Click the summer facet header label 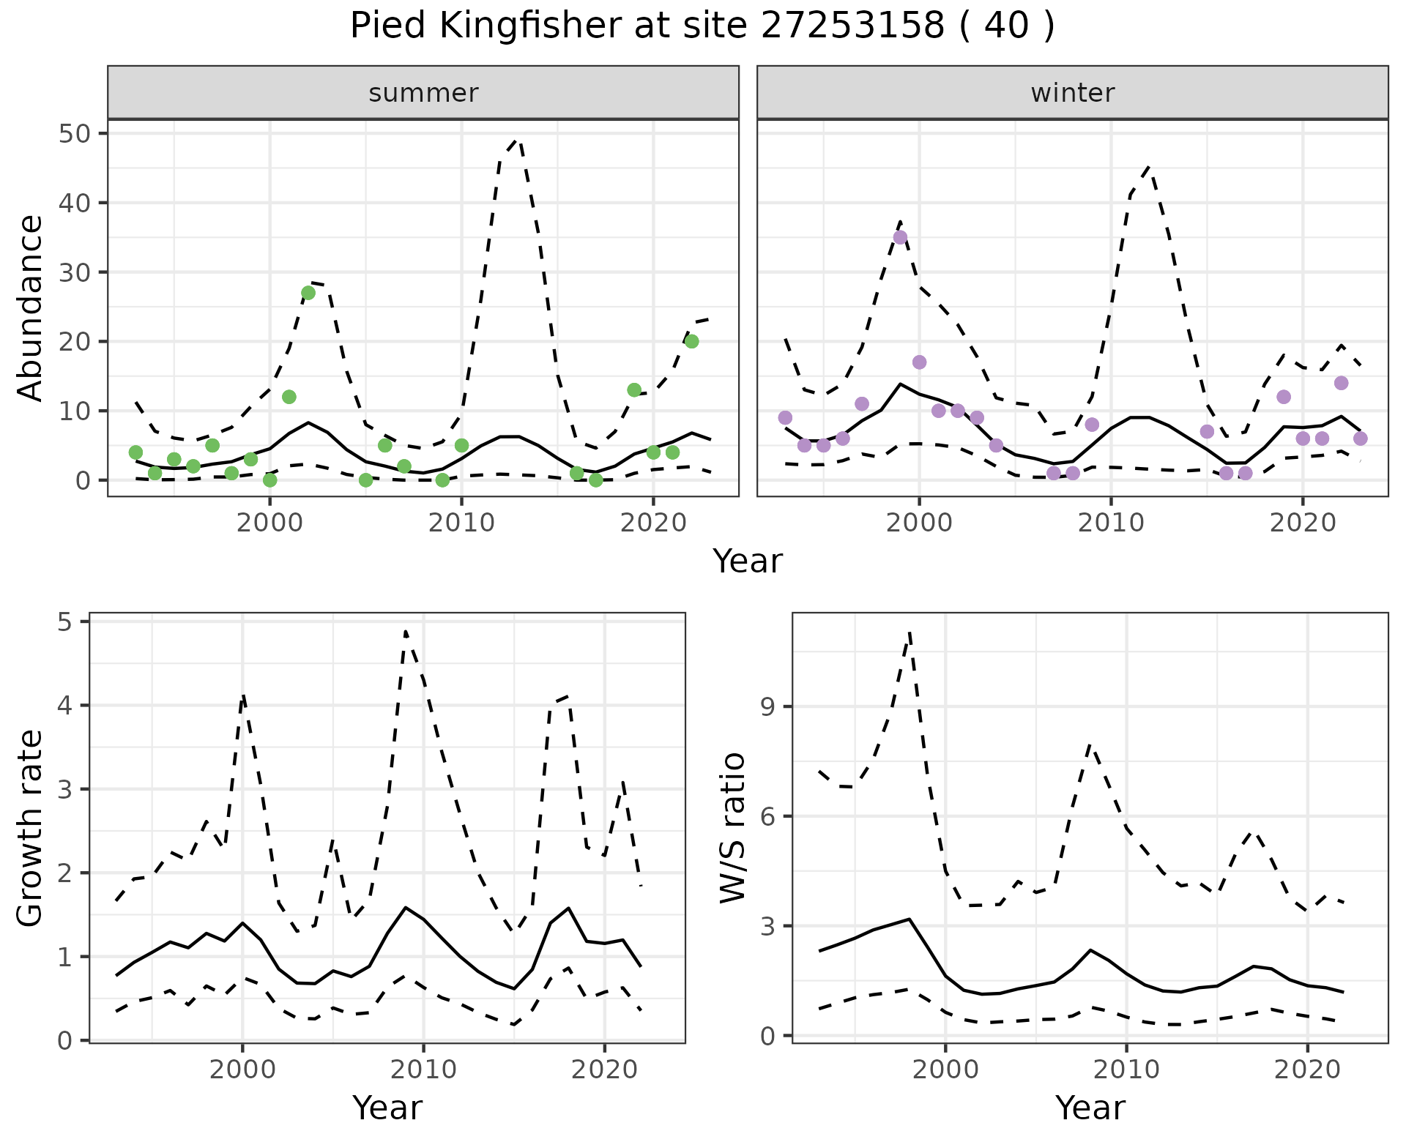pyautogui.click(x=423, y=93)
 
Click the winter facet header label pyautogui.click(x=1072, y=93)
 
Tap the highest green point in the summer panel pyautogui.click(x=308, y=293)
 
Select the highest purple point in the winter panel pyautogui.click(x=900, y=237)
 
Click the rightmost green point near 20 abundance pyautogui.click(x=691, y=341)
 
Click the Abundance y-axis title pyautogui.click(x=31, y=307)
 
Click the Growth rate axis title pyautogui.click(x=31, y=829)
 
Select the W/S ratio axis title pyautogui.click(x=732, y=827)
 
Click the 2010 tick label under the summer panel pyautogui.click(x=461, y=523)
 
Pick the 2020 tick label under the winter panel pyautogui.click(x=1303, y=523)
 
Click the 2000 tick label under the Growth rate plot pyautogui.click(x=242, y=1070)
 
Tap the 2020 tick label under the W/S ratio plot pyautogui.click(x=1308, y=1070)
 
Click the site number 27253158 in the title pyautogui.click(x=853, y=26)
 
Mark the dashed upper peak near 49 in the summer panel pyautogui.click(x=518, y=139)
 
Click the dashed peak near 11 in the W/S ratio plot pyautogui.click(x=909, y=632)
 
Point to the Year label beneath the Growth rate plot pyautogui.click(x=387, y=1108)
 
